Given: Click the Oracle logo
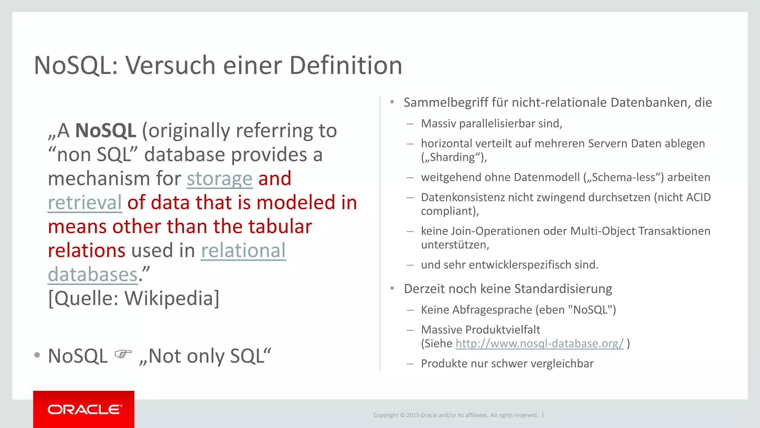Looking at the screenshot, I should click(x=84, y=409).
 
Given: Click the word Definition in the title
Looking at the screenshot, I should click(x=345, y=66).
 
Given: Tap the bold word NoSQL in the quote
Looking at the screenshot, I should click(x=106, y=131).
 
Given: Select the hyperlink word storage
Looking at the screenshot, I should click(x=220, y=179).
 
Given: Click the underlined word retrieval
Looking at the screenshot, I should click(x=85, y=203).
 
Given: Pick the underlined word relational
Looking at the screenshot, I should click(x=243, y=251).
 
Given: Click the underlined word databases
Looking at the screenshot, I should click(x=93, y=275).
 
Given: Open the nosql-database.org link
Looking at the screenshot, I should click(x=539, y=343).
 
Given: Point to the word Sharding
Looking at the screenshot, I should click(x=452, y=157).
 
